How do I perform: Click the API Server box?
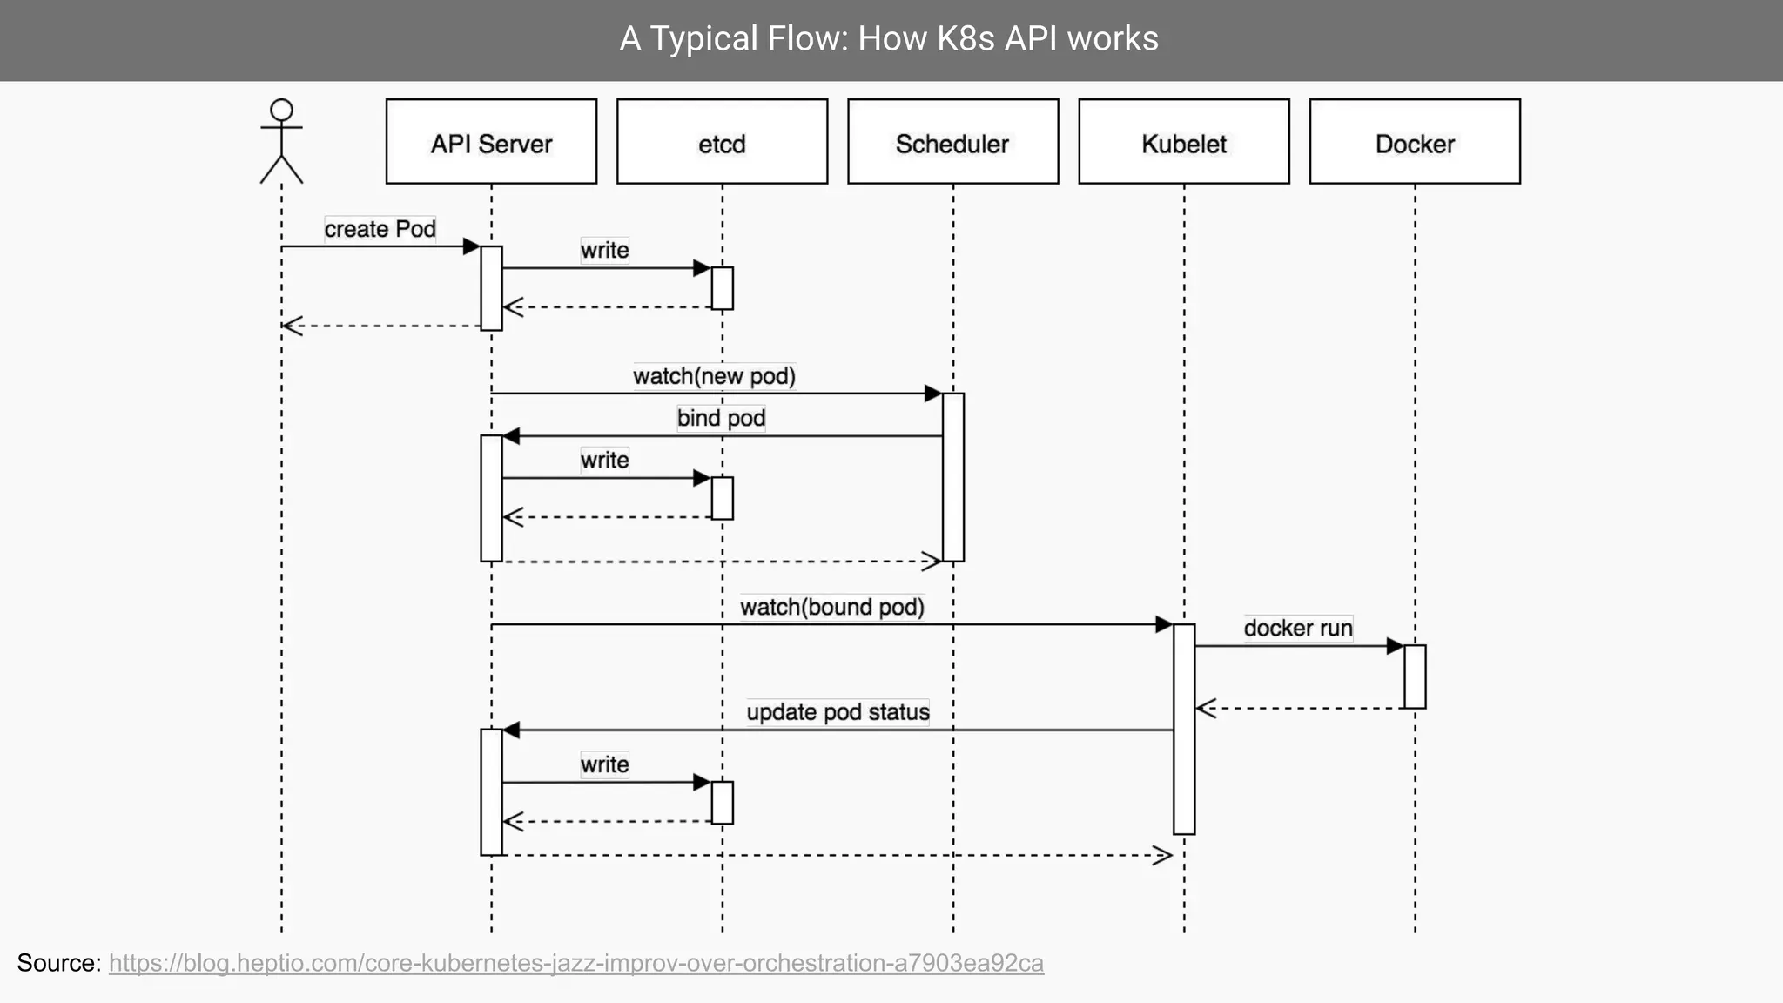pyautogui.click(x=491, y=142)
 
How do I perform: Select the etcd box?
pyautogui.click(x=722, y=142)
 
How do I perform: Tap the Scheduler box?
pyautogui.click(x=952, y=142)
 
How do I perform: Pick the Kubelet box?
pyautogui.click(x=1183, y=142)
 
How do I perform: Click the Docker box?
pyautogui.click(x=1415, y=142)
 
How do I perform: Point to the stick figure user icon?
pyautogui.click(x=281, y=141)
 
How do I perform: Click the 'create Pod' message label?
pyautogui.click(x=380, y=229)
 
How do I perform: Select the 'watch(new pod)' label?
pyautogui.click(x=714, y=376)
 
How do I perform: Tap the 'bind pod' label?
pyautogui.click(x=721, y=418)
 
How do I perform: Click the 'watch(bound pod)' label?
pyautogui.click(x=832, y=607)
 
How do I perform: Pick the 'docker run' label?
pyautogui.click(x=1297, y=628)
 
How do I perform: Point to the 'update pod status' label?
pyautogui.click(x=838, y=712)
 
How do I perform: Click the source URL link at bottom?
pyautogui.click(x=575, y=963)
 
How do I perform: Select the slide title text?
pyautogui.click(x=889, y=39)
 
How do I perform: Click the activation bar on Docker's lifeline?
pyautogui.click(x=1415, y=677)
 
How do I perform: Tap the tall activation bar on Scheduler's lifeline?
pyautogui.click(x=952, y=477)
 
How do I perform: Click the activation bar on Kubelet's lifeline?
pyautogui.click(x=1183, y=729)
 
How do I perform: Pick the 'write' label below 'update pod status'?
pyautogui.click(x=604, y=764)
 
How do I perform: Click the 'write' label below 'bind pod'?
pyautogui.click(x=604, y=460)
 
